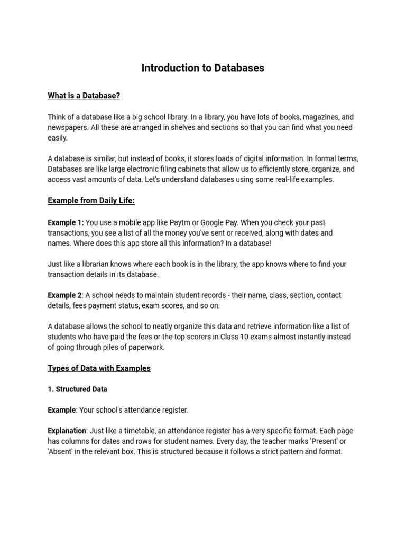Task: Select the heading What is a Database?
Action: pyautogui.click(x=84, y=96)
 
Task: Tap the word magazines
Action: pyautogui.click(x=308, y=117)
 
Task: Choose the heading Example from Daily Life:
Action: pyautogui.click(x=91, y=201)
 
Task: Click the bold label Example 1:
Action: pyautogui.click(x=66, y=222)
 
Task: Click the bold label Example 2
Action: pyautogui.click(x=64, y=295)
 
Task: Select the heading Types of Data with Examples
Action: pyautogui.click(x=99, y=368)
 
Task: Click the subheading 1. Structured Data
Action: pyautogui.click(x=77, y=389)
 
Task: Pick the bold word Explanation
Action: pyautogui.click(x=67, y=431)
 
